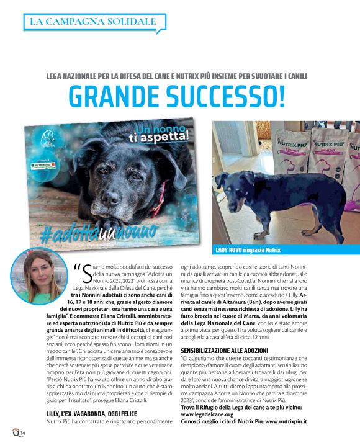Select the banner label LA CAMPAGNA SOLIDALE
click(93, 22)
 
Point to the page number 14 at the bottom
click(22, 432)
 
